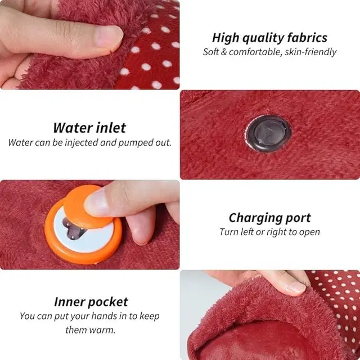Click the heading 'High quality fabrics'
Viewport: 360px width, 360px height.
(x=269, y=38)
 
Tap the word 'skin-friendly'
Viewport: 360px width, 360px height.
(x=310, y=52)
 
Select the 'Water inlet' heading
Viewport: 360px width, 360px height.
(x=89, y=128)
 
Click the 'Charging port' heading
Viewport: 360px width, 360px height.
(x=270, y=218)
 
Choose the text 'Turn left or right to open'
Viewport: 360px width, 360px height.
(x=270, y=232)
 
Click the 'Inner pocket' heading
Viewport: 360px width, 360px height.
(x=91, y=302)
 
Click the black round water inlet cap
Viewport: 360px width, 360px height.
(x=269, y=134)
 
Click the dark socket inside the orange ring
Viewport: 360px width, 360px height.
(x=73, y=228)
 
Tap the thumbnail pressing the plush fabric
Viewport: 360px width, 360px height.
(x=109, y=36)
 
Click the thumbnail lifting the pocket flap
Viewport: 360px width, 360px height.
(x=296, y=288)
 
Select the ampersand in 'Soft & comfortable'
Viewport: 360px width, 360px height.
(x=224, y=52)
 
